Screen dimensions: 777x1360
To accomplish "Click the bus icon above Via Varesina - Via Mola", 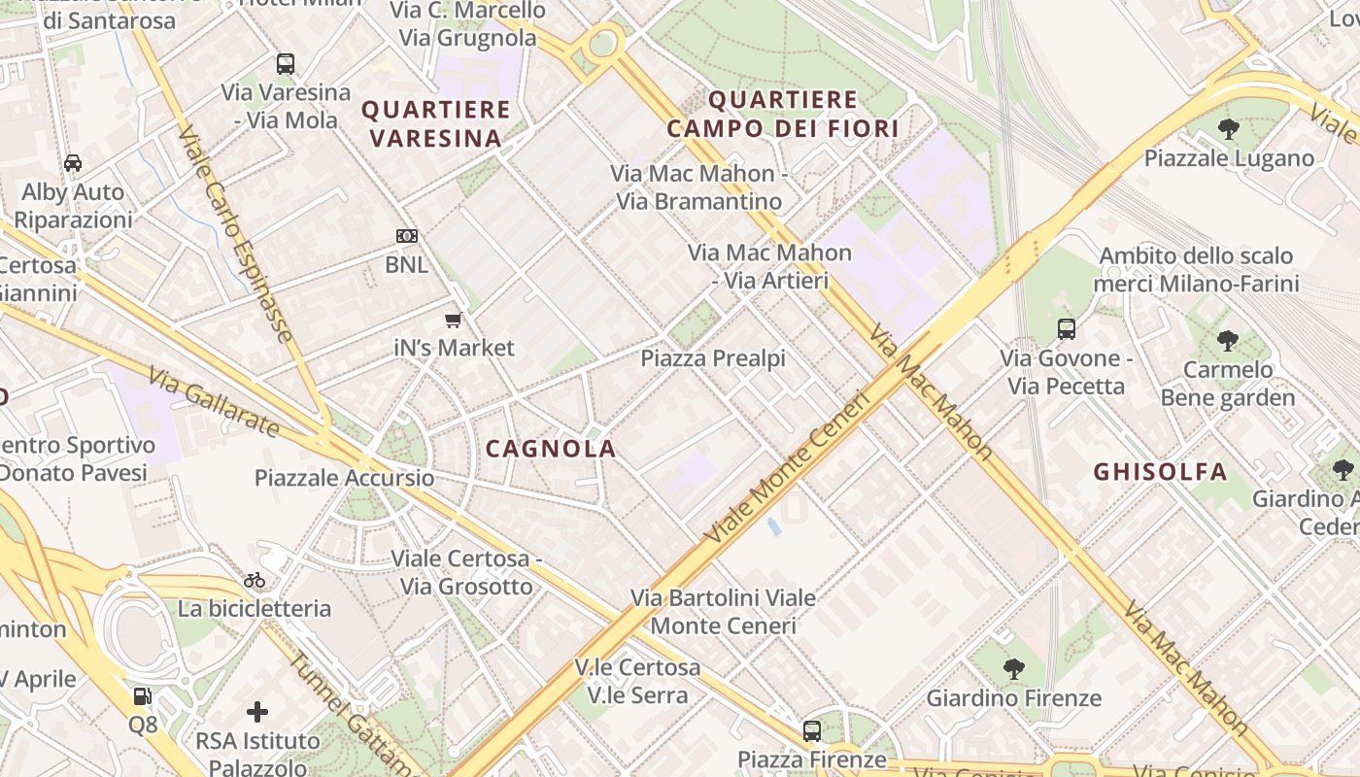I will pyautogui.click(x=285, y=64).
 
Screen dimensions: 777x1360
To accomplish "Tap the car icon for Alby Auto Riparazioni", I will pyautogui.click(x=73, y=163).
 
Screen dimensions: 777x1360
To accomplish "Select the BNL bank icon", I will pyautogui.click(x=407, y=236).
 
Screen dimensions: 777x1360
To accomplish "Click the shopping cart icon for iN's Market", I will pyautogui.click(x=453, y=320).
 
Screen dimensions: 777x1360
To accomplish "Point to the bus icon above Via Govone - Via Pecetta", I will pyautogui.click(x=1067, y=329).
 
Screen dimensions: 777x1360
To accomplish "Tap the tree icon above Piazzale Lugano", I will pyautogui.click(x=1228, y=128).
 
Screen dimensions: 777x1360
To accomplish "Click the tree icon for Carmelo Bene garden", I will pyautogui.click(x=1228, y=341).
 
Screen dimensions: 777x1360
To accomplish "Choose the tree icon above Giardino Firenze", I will pyautogui.click(x=1013, y=668).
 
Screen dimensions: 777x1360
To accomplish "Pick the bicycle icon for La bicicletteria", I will pyautogui.click(x=255, y=580).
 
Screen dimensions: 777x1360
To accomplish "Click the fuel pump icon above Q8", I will pyautogui.click(x=143, y=695).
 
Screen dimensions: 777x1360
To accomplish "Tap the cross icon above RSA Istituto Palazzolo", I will pyautogui.click(x=257, y=712).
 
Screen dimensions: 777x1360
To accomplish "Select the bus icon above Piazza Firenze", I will pyautogui.click(x=812, y=730).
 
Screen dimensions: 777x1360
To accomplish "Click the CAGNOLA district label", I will pyautogui.click(x=551, y=449).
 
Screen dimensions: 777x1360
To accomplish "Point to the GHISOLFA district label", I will pyautogui.click(x=1161, y=472).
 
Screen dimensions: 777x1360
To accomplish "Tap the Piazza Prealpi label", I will pyautogui.click(x=713, y=358).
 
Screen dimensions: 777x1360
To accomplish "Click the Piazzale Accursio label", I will pyautogui.click(x=345, y=478).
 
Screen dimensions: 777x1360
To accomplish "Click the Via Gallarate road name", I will pyautogui.click(x=215, y=402).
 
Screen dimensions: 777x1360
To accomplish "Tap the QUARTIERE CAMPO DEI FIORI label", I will pyautogui.click(x=783, y=114).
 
